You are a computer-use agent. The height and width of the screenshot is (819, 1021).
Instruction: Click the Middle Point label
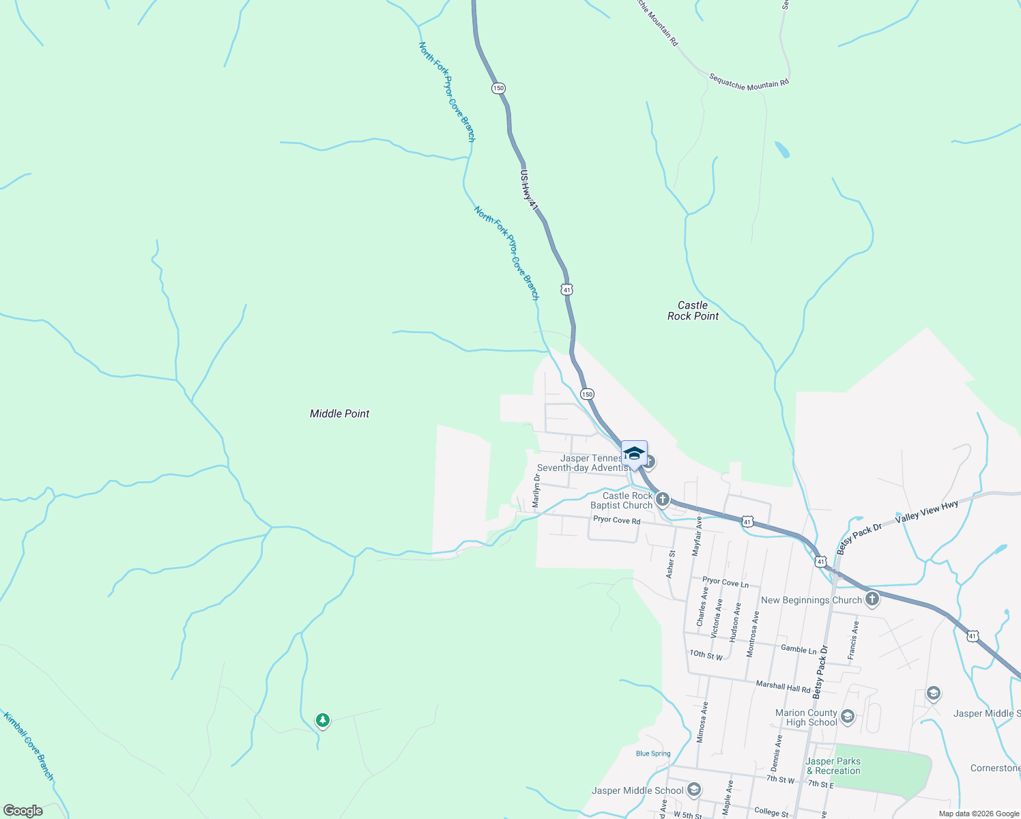click(x=339, y=414)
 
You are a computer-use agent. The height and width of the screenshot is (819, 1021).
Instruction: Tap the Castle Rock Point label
click(x=693, y=311)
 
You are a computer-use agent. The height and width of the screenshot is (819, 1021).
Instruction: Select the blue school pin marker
click(x=634, y=454)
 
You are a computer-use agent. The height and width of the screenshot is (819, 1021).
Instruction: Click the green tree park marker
click(x=322, y=720)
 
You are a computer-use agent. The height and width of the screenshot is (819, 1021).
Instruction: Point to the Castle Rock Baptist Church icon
click(x=662, y=500)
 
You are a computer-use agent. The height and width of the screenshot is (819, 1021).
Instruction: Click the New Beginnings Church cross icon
click(x=872, y=599)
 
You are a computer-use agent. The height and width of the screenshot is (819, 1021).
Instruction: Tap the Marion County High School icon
click(x=848, y=716)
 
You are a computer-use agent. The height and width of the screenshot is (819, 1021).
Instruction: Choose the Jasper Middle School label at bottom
click(x=637, y=790)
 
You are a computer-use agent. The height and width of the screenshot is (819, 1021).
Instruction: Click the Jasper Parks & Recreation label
click(x=833, y=766)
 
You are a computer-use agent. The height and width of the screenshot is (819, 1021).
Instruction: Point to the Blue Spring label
click(x=653, y=753)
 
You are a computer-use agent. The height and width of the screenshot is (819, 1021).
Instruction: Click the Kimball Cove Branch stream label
click(x=28, y=746)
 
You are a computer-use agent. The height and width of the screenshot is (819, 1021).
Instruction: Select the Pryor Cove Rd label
click(x=616, y=520)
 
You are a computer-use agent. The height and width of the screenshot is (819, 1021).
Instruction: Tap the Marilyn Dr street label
click(x=536, y=491)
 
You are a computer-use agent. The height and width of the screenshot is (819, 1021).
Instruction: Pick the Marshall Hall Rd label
click(x=783, y=685)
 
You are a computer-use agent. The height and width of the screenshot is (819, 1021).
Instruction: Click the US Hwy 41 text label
click(x=529, y=190)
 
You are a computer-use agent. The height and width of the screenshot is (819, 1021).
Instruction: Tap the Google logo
click(x=23, y=811)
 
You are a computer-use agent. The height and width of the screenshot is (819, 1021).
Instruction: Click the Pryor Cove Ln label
click(x=725, y=582)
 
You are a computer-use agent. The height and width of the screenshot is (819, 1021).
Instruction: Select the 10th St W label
click(x=706, y=655)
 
